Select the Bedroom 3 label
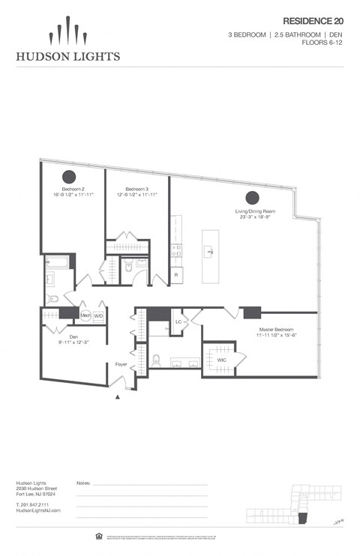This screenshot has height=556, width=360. coord(136,189)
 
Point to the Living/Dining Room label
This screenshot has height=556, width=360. coord(255,211)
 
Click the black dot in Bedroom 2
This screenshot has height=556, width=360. coord(69,176)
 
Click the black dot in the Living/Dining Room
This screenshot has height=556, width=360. coord(253,198)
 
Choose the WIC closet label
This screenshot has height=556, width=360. coord(221,360)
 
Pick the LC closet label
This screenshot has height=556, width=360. coord(178,322)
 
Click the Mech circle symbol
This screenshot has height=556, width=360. coord(85,316)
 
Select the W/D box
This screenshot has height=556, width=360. coord(98,316)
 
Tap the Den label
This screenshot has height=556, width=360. coord(74,336)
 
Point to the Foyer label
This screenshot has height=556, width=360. coord(121,365)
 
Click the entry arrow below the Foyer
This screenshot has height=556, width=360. coord(116,399)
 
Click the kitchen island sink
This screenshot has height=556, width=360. coord(210,253)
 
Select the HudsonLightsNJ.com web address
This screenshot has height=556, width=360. coord(37,510)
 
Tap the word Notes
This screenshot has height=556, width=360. coord(84,484)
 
